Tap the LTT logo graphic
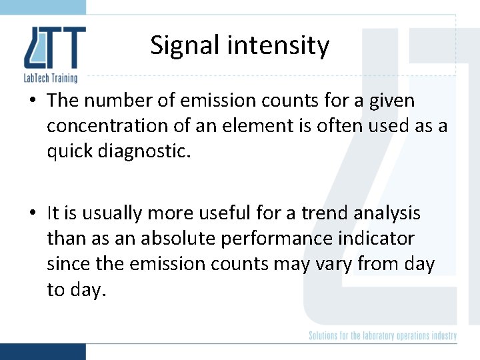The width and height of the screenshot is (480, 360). [55, 48]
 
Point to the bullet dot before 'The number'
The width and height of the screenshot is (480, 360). [33, 101]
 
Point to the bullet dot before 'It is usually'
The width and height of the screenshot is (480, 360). [33, 214]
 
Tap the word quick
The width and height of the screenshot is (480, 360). [69, 152]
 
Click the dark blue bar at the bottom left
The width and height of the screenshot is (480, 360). [43, 351]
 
